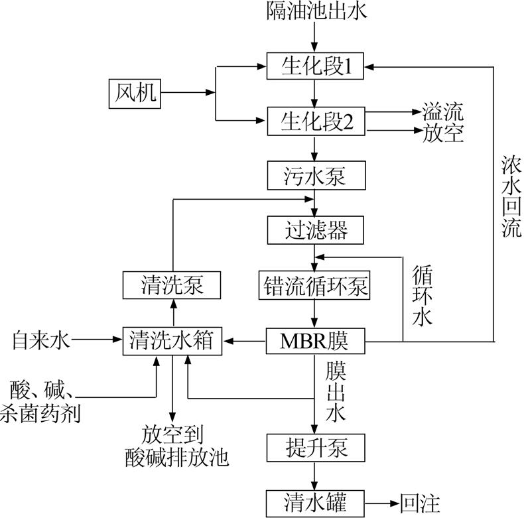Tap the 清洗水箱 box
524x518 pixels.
tap(172, 342)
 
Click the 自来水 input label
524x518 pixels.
tap(40, 342)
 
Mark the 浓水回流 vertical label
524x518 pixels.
tap(511, 196)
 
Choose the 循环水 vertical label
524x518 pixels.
tap(422, 295)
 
